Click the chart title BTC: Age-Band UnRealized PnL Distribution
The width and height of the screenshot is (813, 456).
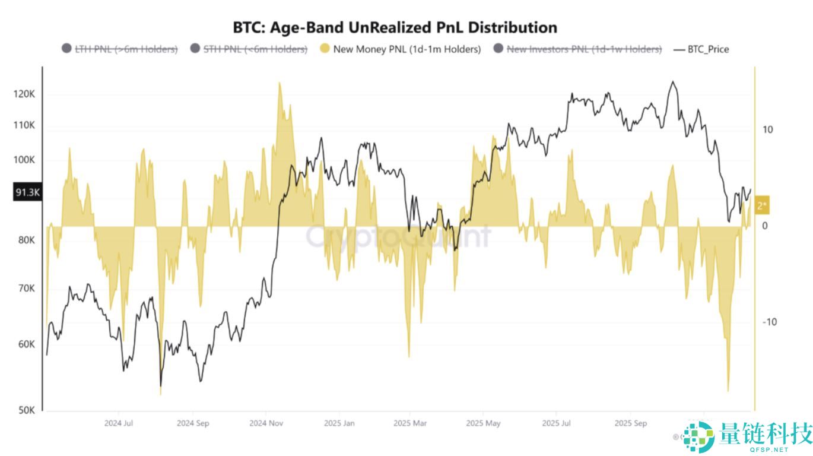pyautogui.click(x=395, y=27)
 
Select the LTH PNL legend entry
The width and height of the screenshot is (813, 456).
pyautogui.click(x=119, y=49)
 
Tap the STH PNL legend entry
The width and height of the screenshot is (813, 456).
pyautogui.click(x=249, y=49)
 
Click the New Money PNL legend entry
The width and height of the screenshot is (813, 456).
pyautogui.click(x=400, y=49)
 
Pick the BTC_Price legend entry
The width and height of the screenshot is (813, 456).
pyautogui.click(x=701, y=49)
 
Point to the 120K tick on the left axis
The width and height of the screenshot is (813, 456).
pyautogui.click(x=24, y=94)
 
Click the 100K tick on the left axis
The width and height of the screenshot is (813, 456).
pyautogui.click(x=24, y=160)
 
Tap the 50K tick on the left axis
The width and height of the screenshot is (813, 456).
pyautogui.click(x=26, y=410)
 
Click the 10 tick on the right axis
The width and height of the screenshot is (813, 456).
pyautogui.click(x=767, y=129)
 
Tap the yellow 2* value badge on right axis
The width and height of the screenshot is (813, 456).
pyautogui.click(x=762, y=205)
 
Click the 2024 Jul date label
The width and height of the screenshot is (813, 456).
pyautogui.click(x=119, y=423)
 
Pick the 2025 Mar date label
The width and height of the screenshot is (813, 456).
pyautogui.click(x=410, y=423)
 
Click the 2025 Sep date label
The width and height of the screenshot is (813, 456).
pyautogui.click(x=630, y=423)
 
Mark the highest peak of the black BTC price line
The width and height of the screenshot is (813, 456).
pyautogui.click(x=672, y=82)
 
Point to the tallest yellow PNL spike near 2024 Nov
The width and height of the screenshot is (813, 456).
pyautogui.click(x=279, y=83)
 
